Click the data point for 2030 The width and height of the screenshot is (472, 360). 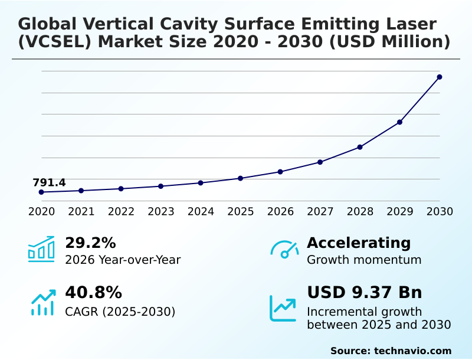(440, 77)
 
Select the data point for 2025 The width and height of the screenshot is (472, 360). (240, 178)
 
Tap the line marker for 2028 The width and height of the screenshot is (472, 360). (360, 147)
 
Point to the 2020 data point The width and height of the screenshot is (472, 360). (41, 192)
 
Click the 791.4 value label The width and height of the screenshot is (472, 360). (49, 182)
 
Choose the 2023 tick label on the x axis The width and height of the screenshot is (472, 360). (160, 211)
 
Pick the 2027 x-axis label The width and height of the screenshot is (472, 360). (320, 211)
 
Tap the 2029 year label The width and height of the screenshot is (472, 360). (400, 211)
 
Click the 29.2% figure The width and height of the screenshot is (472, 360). (90, 243)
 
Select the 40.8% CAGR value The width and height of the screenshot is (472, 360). (93, 293)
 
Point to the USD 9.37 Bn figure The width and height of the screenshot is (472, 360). (365, 293)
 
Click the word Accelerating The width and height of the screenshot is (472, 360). (359, 243)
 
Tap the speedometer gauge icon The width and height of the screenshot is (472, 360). (284, 250)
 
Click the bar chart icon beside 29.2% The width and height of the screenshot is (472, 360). (41, 249)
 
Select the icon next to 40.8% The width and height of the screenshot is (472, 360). (42, 302)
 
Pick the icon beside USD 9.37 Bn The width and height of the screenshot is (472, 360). (283, 308)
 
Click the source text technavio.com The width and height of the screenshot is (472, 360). (412, 351)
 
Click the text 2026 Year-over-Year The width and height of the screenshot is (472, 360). (123, 260)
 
